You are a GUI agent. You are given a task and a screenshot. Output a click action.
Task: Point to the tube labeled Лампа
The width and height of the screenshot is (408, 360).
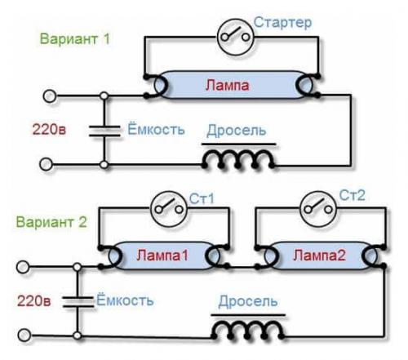tap(230, 86)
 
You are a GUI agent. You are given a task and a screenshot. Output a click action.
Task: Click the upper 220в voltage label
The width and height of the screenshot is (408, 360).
tap(47, 128)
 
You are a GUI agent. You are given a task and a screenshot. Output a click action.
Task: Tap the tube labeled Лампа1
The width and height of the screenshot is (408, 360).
tap(161, 256)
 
